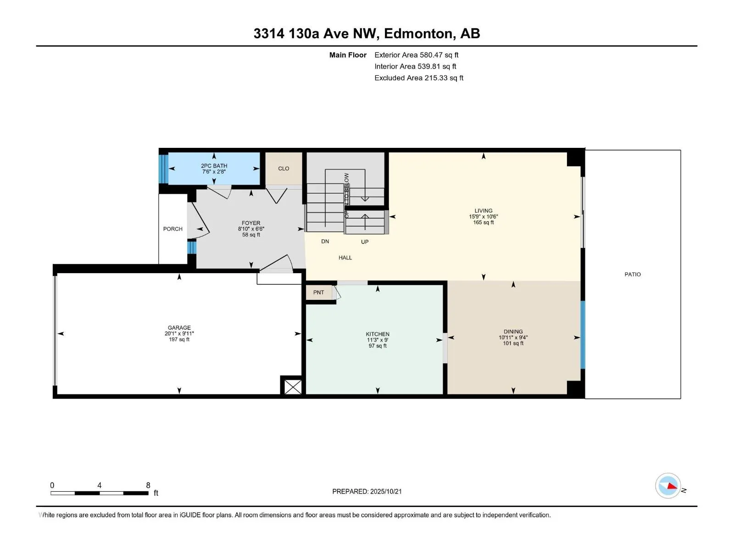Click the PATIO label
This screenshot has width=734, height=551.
click(x=632, y=274)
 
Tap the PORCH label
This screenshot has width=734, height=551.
click(x=173, y=229)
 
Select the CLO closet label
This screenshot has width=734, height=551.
click(x=284, y=169)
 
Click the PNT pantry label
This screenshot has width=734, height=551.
click(x=318, y=292)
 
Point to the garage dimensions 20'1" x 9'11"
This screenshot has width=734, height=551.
click(x=179, y=333)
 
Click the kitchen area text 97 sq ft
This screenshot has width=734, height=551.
click(x=378, y=346)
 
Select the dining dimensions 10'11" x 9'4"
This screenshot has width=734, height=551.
click(x=513, y=337)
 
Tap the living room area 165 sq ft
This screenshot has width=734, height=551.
click(x=483, y=223)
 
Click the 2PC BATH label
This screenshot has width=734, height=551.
click(x=214, y=166)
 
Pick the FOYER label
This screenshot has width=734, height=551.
click(x=251, y=223)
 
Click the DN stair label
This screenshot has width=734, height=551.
click(x=325, y=241)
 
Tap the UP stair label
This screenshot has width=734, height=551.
click(x=365, y=242)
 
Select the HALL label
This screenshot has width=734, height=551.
click(x=345, y=258)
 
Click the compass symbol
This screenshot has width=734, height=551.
click(x=668, y=486)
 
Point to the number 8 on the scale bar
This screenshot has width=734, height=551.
click(x=148, y=485)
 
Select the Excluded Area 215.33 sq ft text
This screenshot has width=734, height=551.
click(x=419, y=78)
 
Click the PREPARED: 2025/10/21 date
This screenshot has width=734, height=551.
click(x=367, y=491)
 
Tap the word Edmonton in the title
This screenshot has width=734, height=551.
click(x=418, y=34)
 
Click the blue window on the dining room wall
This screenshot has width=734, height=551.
click(x=583, y=335)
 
